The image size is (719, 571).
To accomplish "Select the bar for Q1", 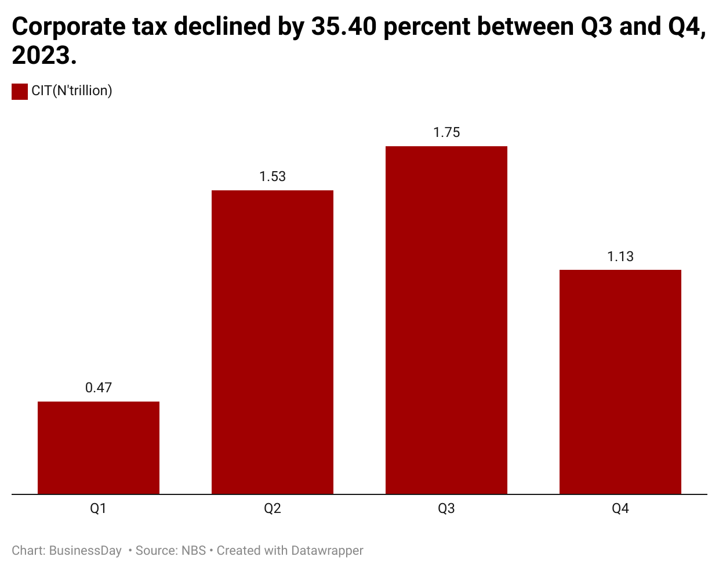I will pyautogui.click(x=99, y=447).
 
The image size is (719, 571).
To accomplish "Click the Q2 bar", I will pyautogui.click(x=273, y=342).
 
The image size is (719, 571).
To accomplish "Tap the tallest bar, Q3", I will pyautogui.click(x=446, y=320).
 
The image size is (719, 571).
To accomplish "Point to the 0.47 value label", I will pyautogui.click(x=99, y=388).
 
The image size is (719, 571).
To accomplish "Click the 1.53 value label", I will pyautogui.click(x=273, y=176).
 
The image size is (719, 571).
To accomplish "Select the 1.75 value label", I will pyautogui.click(x=446, y=132).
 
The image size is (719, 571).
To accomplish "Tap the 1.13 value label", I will pyautogui.click(x=620, y=256).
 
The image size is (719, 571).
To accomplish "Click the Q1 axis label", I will pyautogui.click(x=99, y=509).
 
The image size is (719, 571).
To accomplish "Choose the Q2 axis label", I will pyautogui.click(x=273, y=509).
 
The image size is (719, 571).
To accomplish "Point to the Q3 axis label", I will pyautogui.click(x=446, y=509).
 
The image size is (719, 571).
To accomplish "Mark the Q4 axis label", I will pyautogui.click(x=620, y=509).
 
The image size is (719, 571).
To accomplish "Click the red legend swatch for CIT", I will pyautogui.click(x=20, y=91).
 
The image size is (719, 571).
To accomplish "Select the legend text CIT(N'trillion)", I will pyautogui.click(x=72, y=91).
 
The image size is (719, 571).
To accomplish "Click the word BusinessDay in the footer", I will pyautogui.click(x=85, y=551).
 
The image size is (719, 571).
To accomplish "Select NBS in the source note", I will pyautogui.click(x=194, y=551).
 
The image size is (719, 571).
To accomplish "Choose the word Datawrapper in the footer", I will pyautogui.click(x=327, y=551).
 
